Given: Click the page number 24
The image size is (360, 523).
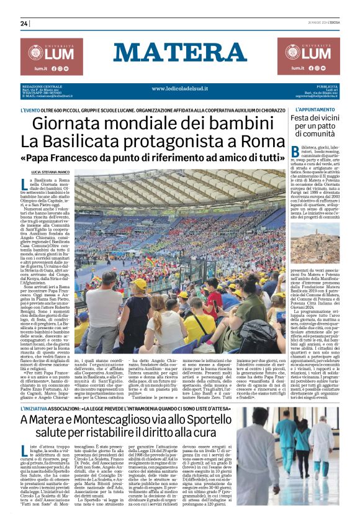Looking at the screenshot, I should click(x=24, y=24).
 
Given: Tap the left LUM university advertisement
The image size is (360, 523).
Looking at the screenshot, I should click(x=51, y=56).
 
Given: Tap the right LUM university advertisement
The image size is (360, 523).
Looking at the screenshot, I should click(x=308, y=56).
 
